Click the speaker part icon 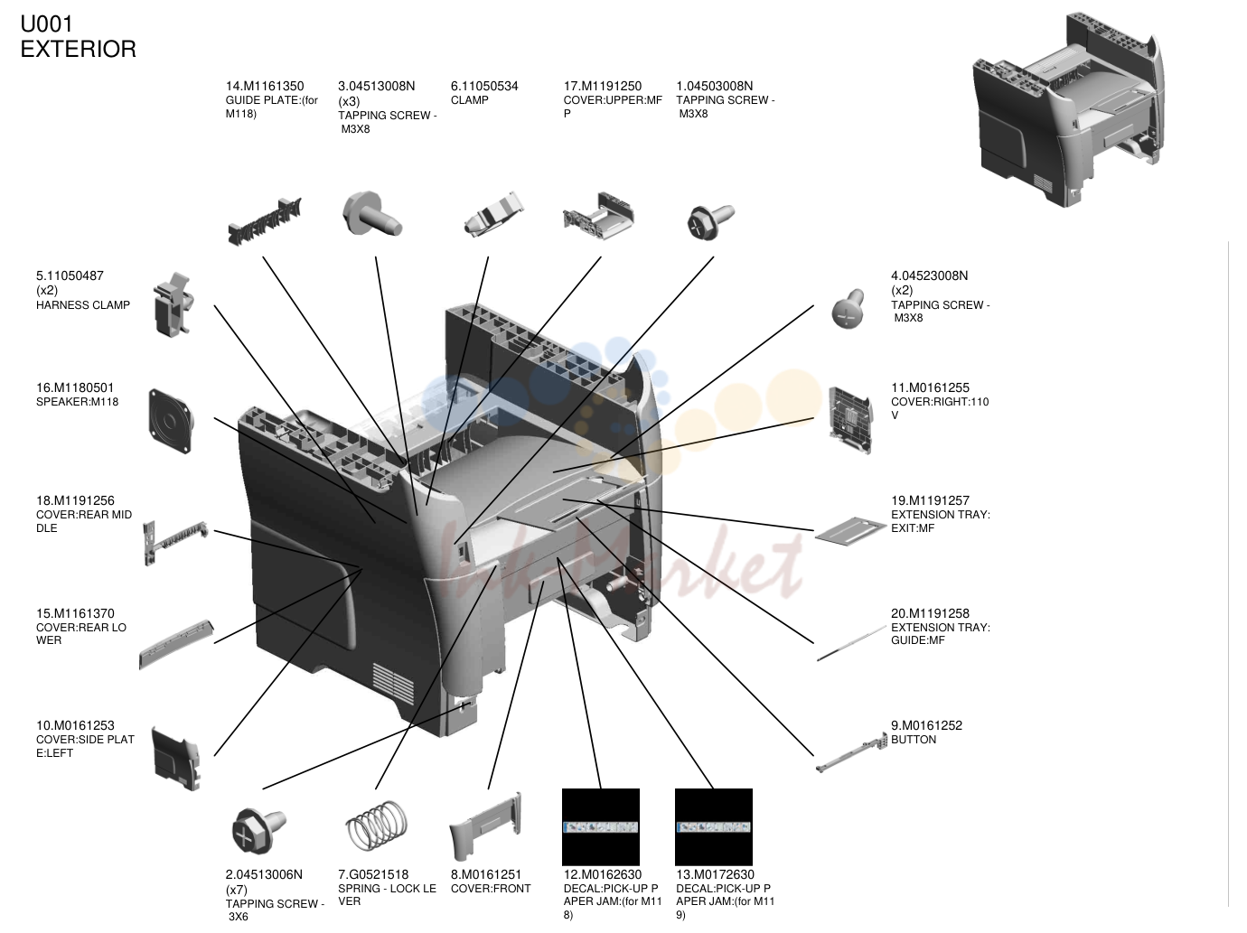(171, 421)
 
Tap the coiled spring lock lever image (377, 826)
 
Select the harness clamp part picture (173, 304)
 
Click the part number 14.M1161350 (265, 87)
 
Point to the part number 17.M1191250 (602, 87)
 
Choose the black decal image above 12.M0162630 (601, 826)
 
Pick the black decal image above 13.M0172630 (714, 826)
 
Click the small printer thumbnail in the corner (1068, 108)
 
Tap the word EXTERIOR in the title (79, 50)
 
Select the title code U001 (47, 23)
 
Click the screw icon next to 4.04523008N (849, 308)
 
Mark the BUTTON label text (914, 740)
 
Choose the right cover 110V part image (850, 420)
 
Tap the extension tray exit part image (850, 530)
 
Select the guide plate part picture (265, 221)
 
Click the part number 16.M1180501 (75, 387)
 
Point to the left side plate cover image (176, 758)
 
